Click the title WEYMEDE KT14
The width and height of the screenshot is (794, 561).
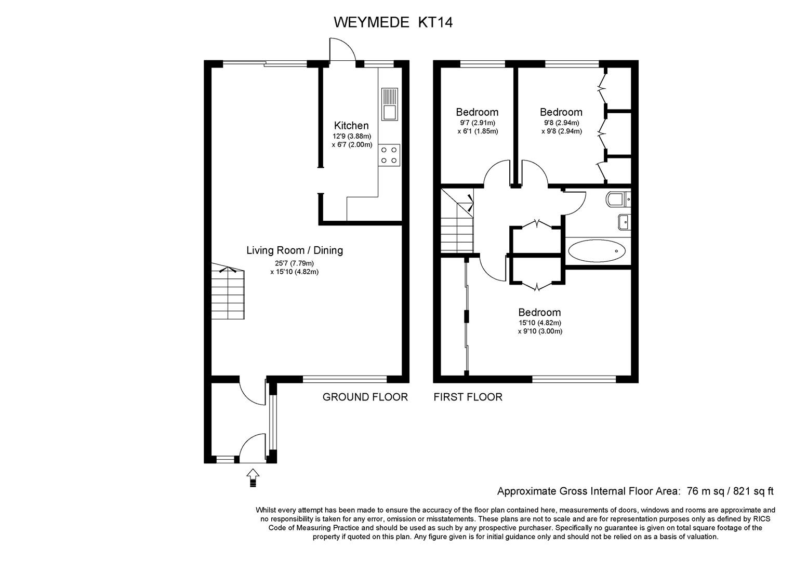pyautogui.click(x=393, y=22)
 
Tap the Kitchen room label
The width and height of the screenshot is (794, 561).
pyautogui.click(x=351, y=126)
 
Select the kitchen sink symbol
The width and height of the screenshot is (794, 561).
pyautogui.click(x=390, y=104)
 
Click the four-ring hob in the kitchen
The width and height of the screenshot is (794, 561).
pyautogui.click(x=389, y=155)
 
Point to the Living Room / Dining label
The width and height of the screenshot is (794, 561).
pyautogui.click(x=295, y=250)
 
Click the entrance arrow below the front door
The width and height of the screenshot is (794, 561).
pyautogui.click(x=253, y=478)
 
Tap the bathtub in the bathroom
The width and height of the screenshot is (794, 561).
pyautogui.click(x=597, y=251)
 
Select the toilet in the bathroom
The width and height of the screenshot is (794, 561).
pyautogui.click(x=618, y=199)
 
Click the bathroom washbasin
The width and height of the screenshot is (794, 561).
pyautogui.click(x=624, y=222)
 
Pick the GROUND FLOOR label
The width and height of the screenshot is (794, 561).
pyautogui.click(x=365, y=397)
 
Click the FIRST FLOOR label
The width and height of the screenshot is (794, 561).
pyautogui.click(x=468, y=397)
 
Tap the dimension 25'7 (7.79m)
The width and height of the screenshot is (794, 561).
pyautogui.click(x=294, y=263)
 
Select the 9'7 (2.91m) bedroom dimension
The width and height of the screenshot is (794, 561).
pyautogui.click(x=478, y=123)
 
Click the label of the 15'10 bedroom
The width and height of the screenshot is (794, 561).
pyautogui.click(x=539, y=312)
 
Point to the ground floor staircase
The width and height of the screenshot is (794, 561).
pyautogui.click(x=228, y=291)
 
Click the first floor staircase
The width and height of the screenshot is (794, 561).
pyautogui.click(x=457, y=221)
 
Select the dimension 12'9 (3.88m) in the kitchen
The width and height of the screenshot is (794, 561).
pyautogui.click(x=352, y=136)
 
